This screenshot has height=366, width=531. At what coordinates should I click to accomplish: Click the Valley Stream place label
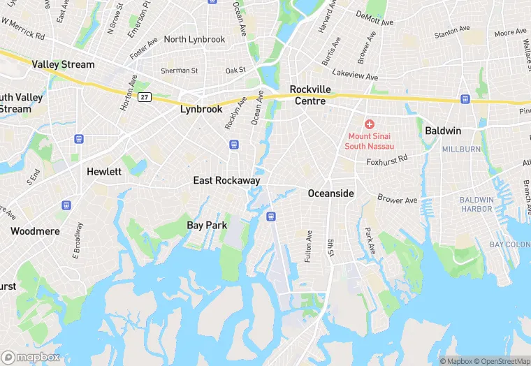(63, 64)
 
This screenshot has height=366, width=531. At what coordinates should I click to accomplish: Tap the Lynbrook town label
(201, 109)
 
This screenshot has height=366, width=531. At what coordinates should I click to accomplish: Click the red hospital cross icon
(369, 124)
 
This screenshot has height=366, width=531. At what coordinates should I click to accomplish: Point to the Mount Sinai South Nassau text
(369, 141)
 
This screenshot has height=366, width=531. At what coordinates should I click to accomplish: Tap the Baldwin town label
(443, 131)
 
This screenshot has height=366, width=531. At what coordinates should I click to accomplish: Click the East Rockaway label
(226, 180)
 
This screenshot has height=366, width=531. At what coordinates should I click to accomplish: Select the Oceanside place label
(331, 193)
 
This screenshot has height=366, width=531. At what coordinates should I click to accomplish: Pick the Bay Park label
(208, 225)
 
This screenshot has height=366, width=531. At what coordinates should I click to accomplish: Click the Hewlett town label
(104, 171)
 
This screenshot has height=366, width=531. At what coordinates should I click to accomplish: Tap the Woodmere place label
(35, 230)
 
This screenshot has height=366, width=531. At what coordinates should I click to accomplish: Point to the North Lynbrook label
(194, 39)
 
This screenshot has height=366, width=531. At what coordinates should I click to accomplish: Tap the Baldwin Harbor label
(477, 204)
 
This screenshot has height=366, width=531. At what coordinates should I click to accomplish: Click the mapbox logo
(31, 356)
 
